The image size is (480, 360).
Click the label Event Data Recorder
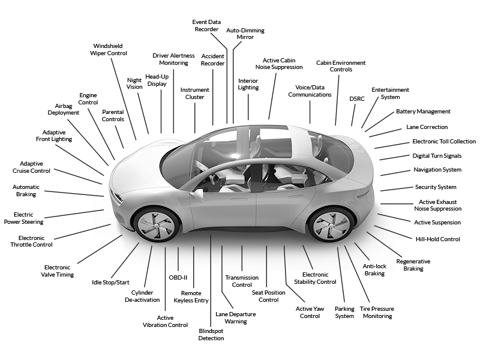pyautogui.click(x=206, y=26)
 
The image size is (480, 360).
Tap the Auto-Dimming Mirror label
pyautogui.click(x=245, y=34)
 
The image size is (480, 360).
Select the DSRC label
pyautogui.click(x=357, y=99)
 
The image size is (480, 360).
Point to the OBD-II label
pyautogui.click(x=178, y=278)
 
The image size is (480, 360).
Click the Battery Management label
pyautogui.click(x=423, y=112)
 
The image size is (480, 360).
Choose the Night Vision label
pyautogui.click(x=134, y=83)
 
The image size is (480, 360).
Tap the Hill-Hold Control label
pyautogui.click(x=438, y=239)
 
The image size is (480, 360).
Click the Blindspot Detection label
pyautogui.click(x=211, y=335)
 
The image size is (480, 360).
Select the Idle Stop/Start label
pyautogui.click(x=110, y=282)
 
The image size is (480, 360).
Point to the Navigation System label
pyautogui.click(x=437, y=170)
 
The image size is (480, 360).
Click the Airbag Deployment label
pyautogui.click(x=64, y=109)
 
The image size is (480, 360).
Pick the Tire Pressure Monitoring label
pyautogui.click(x=377, y=312)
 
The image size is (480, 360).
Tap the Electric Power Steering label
pyautogui.click(x=23, y=218)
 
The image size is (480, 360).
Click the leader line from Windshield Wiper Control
pyautogui.click(x=124, y=99)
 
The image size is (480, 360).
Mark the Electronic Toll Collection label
pyautogui.click(x=444, y=142)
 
